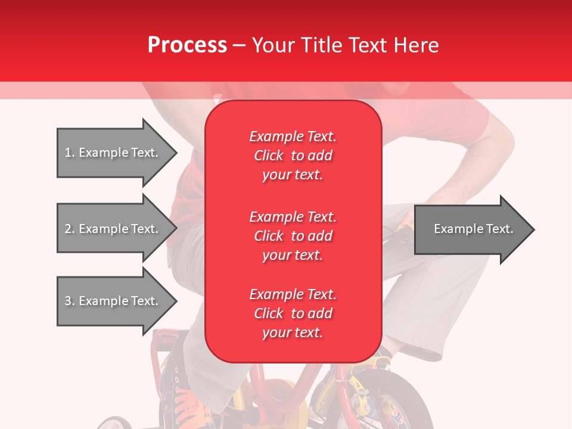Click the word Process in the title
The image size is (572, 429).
click(187, 45)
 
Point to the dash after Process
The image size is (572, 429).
click(239, 46)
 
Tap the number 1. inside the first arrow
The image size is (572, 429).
click(70, 153)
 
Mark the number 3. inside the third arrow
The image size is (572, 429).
click(70, 301)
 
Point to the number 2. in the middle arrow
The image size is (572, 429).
click(70, 229)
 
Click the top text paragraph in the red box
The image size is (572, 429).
click(293, 156)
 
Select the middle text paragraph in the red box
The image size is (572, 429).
click(293, 236)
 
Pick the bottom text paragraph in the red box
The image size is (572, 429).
click(293, 313)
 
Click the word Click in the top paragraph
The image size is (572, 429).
click(269, 156)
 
